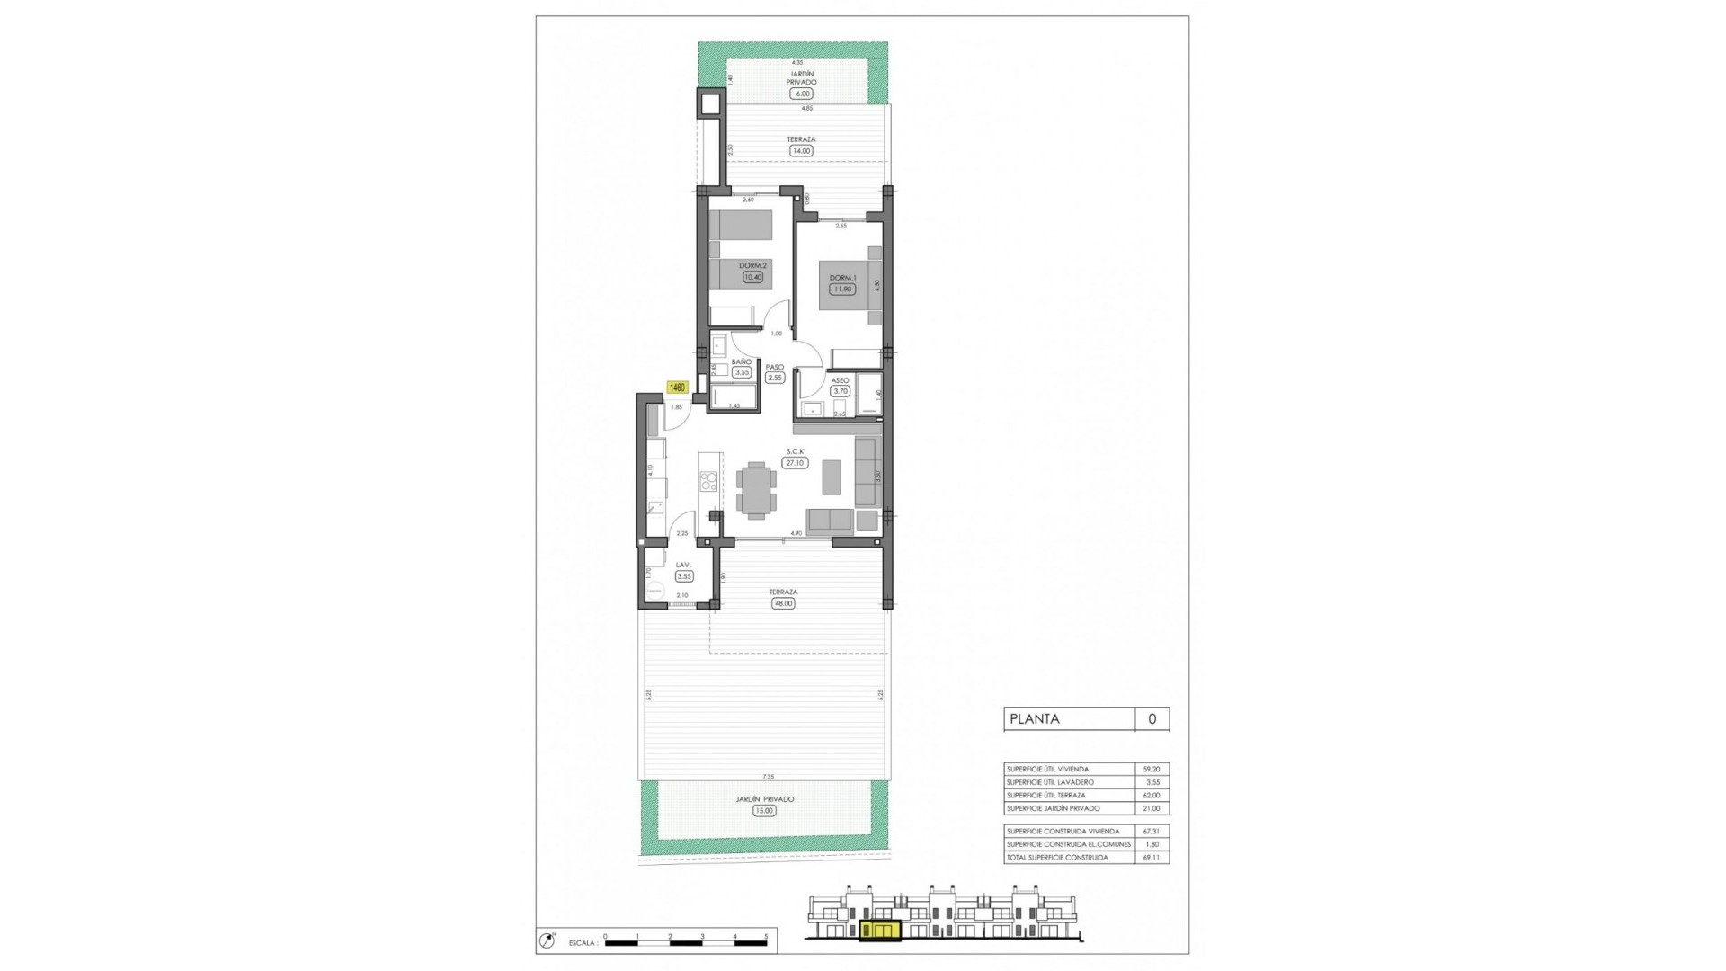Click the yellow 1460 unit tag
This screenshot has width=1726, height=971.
coord(677,388)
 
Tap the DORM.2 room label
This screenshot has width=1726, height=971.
coord(752,265)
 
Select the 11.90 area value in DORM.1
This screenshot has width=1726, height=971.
coord(842,290)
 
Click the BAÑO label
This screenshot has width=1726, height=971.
coord(742,361)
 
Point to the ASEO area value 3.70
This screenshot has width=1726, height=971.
coord(841,391)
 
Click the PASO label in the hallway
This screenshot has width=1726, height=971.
coord(775,367)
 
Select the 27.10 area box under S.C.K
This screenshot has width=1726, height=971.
coord(795,463)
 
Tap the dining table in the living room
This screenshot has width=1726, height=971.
coord(756,491)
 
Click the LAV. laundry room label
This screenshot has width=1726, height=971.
coord(682,565)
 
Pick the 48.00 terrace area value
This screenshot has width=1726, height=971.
coord(783,603)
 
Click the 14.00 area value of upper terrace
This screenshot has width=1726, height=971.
coord(801,151)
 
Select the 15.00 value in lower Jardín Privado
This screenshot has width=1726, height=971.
coord(764,811)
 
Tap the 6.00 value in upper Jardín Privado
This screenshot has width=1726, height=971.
coord(801,94)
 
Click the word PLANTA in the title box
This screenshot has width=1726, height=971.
coord(1035,719)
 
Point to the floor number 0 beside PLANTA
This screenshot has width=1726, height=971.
coord(1152,719)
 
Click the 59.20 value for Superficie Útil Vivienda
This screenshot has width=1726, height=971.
coord(1152,770)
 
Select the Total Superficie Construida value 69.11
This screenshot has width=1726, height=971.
coord(1152,858)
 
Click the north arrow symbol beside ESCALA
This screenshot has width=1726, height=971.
coord(546,941)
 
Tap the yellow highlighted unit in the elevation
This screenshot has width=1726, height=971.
coord(880,931)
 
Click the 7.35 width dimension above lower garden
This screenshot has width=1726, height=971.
coord(768,777)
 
